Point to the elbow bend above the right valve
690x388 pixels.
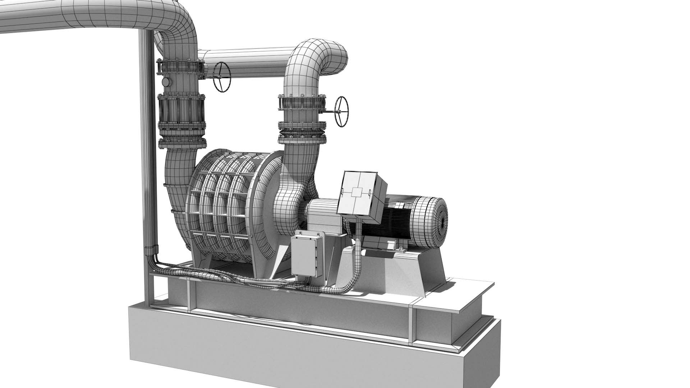pos(316,61)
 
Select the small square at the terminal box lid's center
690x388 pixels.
pos(357,193)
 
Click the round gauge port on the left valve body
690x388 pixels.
pos(166,82)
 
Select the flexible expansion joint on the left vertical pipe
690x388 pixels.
pos(181,111)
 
